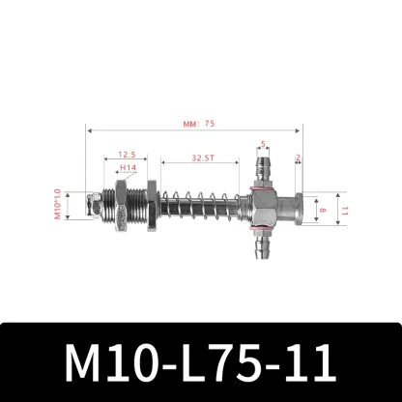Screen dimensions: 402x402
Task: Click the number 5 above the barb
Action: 263,146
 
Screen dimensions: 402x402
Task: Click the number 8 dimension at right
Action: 322,206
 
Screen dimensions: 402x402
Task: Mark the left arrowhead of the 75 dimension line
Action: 89,129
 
